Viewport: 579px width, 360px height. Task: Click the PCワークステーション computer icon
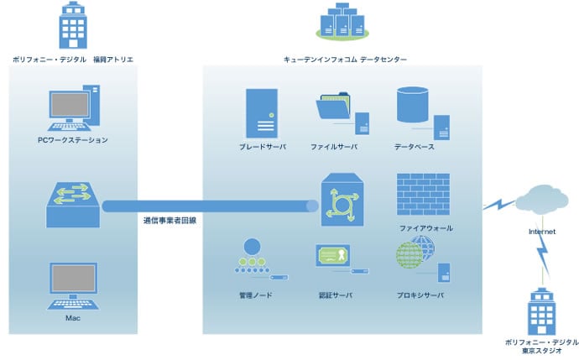(74, 107)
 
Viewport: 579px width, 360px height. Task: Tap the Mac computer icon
(73, 286)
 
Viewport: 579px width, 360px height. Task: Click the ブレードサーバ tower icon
(262, 113)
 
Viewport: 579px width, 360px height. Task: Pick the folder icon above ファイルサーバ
(333, 106)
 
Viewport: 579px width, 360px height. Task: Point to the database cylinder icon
(413, 105)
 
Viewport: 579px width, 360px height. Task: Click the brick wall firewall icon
(423, 194)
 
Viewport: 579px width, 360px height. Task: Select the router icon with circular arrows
(342, 200)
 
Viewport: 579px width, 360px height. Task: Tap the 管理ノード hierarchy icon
(253, 256)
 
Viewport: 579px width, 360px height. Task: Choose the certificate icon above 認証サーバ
(332, 255)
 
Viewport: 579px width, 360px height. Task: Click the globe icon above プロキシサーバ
(415, 253)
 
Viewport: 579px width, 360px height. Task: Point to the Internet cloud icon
(542, 200)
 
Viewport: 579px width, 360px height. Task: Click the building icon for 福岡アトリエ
(73, 25)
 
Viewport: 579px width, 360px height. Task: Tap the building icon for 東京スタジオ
(542, 311)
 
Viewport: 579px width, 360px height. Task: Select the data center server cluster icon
(342, 22)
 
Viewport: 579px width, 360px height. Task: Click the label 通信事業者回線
(170, 221)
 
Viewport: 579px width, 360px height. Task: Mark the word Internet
(542, 232)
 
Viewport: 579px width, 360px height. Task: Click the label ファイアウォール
(426, 228)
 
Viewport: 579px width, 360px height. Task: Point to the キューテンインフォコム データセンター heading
(345, 60)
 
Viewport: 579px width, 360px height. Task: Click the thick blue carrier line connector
(210, 206)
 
